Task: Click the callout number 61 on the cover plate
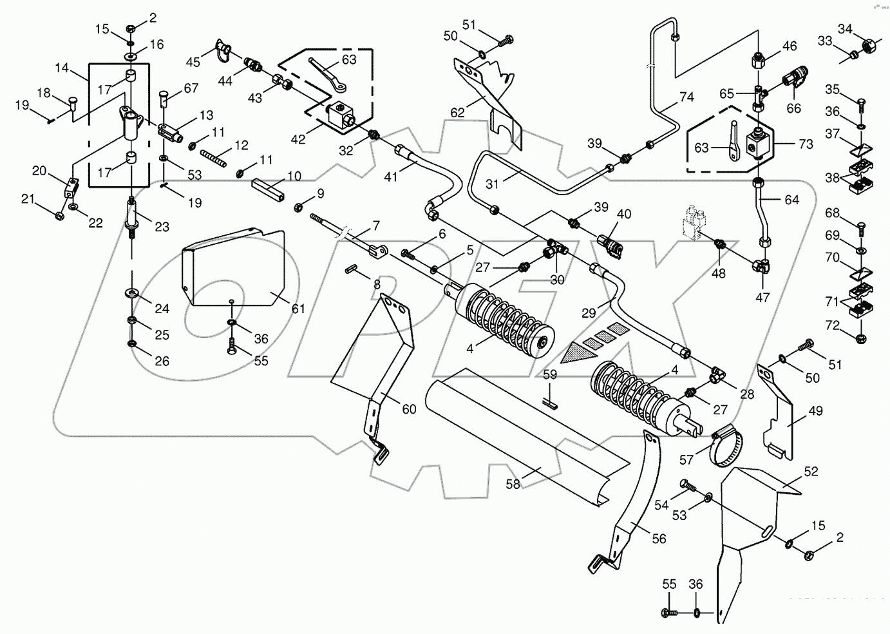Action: (x=297, y=309)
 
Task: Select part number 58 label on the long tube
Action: (x=513, y=484)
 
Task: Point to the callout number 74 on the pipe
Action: (x=686, y=97)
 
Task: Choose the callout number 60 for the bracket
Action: (x=409, y=408)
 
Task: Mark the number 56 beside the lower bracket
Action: (x=659, y=539)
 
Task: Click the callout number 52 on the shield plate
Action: (x=811, y=472)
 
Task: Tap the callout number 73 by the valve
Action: (x=806, y=145)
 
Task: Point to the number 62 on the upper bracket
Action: (x=457, y=113)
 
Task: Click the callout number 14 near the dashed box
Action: (x=62, y=67)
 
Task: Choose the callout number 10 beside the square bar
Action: (x=294, y=176)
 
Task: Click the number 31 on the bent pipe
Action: (x=493, y=184)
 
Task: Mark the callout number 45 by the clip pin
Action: (x=193, y=61)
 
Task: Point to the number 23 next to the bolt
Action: (x=162, y=226)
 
